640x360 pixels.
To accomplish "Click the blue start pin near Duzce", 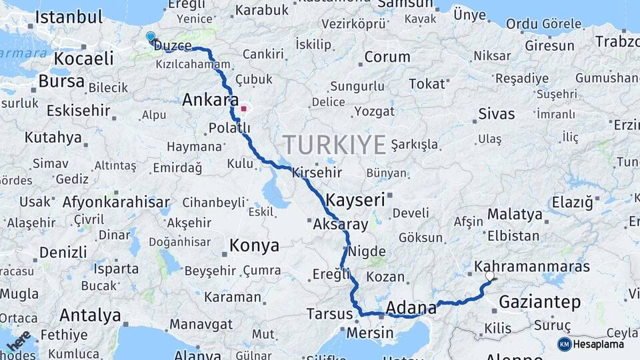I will pyautogui.click(x=151, y=37).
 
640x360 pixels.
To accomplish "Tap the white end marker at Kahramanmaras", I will pyautogui.click(x=490, y=275).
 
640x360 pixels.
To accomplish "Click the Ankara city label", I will pyautogui.click(x=206, y=101).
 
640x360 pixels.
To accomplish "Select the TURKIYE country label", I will pyautogui.click(x=335, y=145).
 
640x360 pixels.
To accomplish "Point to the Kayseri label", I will pyautogui.click(x=356, y=199).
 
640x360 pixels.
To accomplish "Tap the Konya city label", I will pyautogui.click(x=254, y=246).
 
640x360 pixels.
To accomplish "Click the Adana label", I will pyautogui.click(x=411, y=308).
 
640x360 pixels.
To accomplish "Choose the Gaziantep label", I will pyautogui.click(x=540, y=302).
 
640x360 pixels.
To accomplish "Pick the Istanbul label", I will pyautogui.click(x=69, y=17).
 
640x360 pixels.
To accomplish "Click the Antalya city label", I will pyautogui.click(x=90, y=315).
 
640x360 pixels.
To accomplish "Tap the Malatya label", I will pyautogui.click(x=515, y=215).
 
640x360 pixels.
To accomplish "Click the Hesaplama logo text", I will pyautogui.click(x=599, y=344).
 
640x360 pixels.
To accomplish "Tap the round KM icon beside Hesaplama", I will pyautogui.click(x=565, y=344).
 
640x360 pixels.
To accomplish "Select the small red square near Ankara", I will pyautogui.click(x=245, y=107).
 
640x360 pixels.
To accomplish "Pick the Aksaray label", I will pyautogui.click(x=340, y=225).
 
